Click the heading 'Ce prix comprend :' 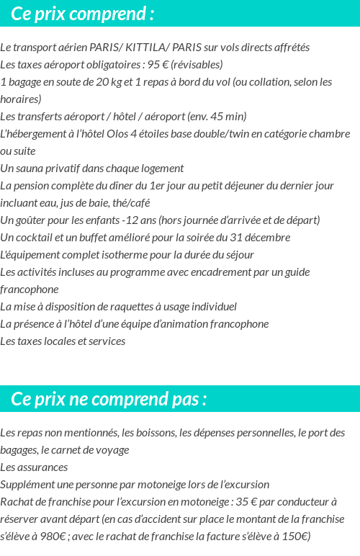pyautogui.click(x=82, y=14)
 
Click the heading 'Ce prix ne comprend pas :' pyautogui.click(x=109, y=399)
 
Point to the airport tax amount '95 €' pyautogui.click(x=158, y=65)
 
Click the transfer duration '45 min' pyautogui.click(x=228, y=117)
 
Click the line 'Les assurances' pyautogui.click(x=34, y=467)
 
